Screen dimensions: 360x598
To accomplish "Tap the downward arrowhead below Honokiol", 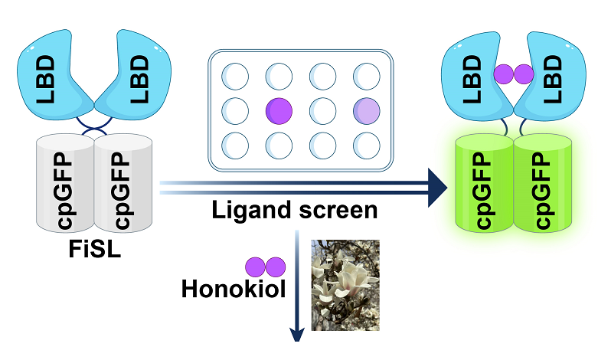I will click(x=296, y=336).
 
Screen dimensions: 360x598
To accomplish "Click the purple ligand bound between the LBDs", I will click(x=513, y=74).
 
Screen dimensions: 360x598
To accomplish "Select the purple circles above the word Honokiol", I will click(x=265, y=267).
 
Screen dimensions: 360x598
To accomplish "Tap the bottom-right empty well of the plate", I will click(x=366, y=144).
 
